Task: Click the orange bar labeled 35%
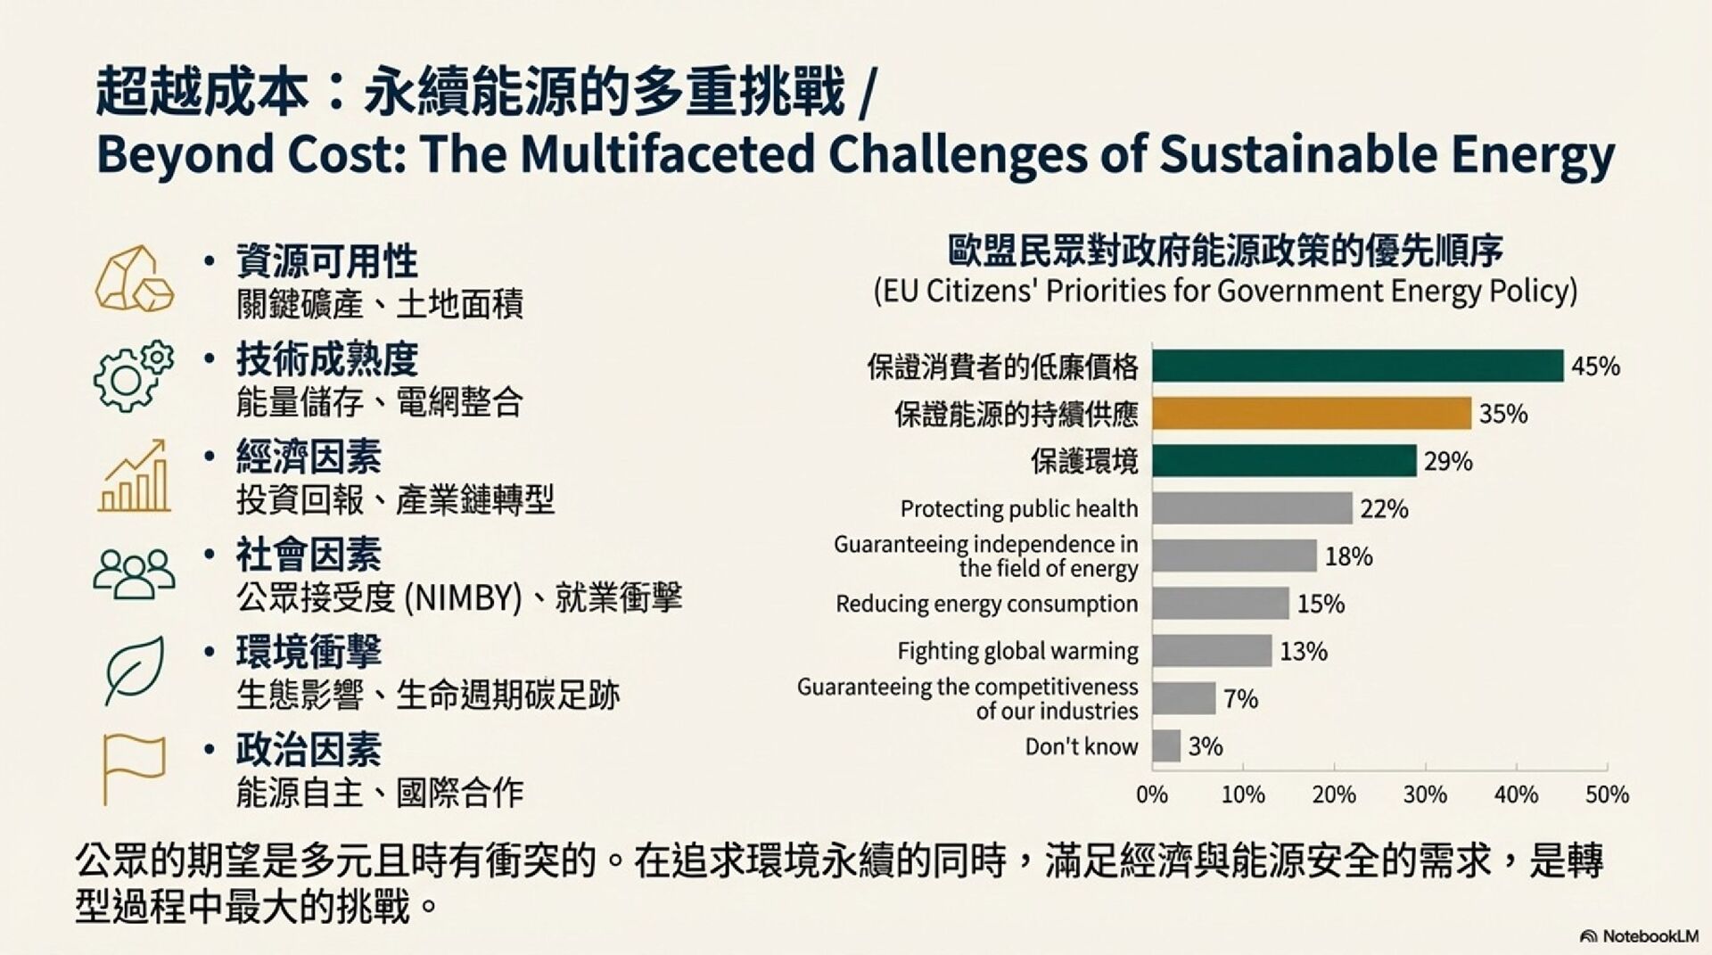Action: coord(1311,414)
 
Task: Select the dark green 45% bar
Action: coord(1357,366)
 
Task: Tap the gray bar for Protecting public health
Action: coord(1252,508)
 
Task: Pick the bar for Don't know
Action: coord(1166,745)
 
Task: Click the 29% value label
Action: coord(1448,462)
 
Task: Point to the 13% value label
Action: coord(1304,652)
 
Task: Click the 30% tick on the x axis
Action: coord(1425,794)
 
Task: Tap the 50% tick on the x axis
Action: coord(1607,794)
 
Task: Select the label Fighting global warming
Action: coord(1017,652)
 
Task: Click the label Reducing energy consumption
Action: coord(986,604)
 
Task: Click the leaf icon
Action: coord(135,670)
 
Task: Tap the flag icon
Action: coord(134,768)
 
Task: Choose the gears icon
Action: coord(133,375)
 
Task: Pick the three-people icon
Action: coord(135,572)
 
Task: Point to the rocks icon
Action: coord(135,279)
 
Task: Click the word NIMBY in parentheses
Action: coord(463,597)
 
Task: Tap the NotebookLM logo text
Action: coord(1650,936)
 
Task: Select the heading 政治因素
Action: coord(309,750)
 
